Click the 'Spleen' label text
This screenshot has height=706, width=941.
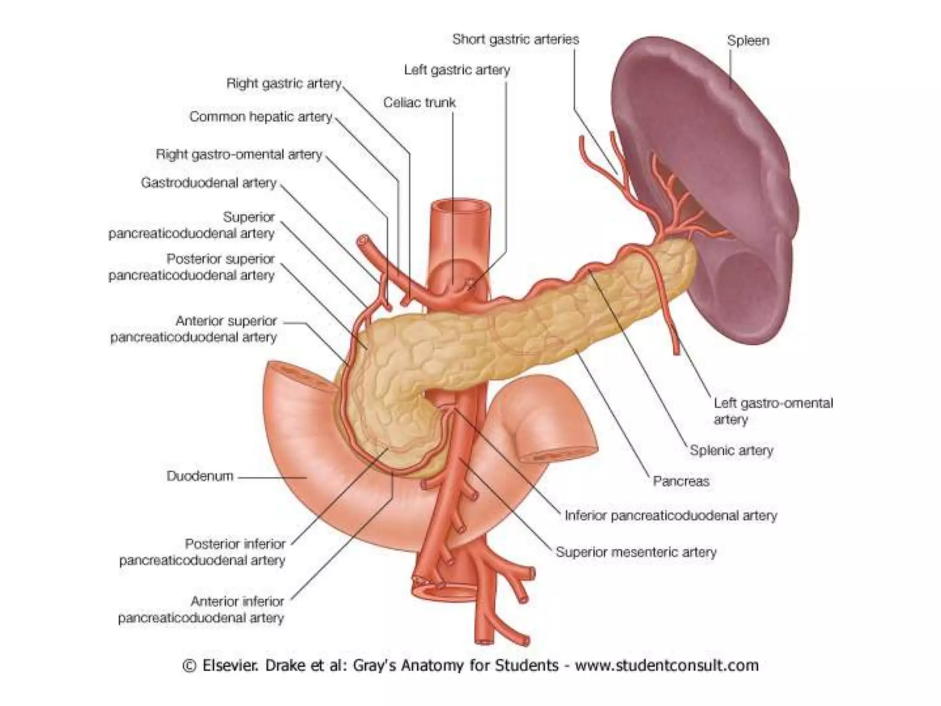pos(748,41)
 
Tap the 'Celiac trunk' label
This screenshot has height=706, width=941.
pos(419,102)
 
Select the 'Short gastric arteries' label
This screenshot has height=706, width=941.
pos(516,40)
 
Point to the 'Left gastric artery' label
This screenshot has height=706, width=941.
pos(457,70)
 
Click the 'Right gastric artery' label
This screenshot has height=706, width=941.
pos(284,84)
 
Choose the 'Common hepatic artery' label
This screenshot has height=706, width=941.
pos(261,117)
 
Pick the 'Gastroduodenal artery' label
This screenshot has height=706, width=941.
pos(209,183)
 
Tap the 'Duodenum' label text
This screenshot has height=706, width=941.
pos(200,476)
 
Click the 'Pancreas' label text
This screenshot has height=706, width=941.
pos(681,481)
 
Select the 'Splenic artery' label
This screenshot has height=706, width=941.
pos(731,450)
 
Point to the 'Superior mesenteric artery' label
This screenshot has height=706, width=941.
pos(636,552)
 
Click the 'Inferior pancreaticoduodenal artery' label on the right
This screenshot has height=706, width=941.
pos(671,516)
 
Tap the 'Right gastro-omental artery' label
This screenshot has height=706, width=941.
pos(239,154)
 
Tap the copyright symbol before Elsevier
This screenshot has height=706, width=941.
pos(189,666)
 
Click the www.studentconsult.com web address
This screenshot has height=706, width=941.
pos(667,666)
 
